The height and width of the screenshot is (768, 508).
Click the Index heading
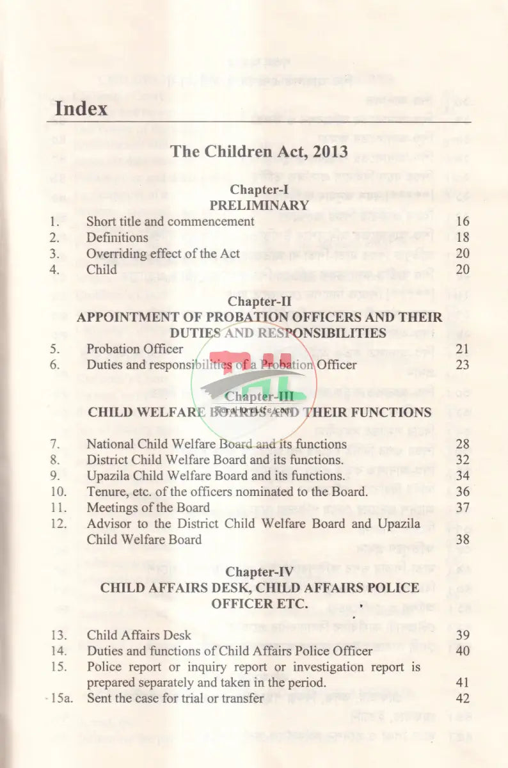tap(81, 108)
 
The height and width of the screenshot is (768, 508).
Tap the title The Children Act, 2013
tap(259, 152)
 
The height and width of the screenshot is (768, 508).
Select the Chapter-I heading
tap(259, 189)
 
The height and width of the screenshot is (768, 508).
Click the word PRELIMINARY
tap(259, 205)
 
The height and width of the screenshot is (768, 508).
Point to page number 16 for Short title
tap(463, 222)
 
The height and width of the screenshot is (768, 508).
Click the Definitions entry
tap(117, 238)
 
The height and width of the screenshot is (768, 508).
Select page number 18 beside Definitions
tap(463, 238)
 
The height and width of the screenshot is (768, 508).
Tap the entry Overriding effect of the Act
tap(163, 253)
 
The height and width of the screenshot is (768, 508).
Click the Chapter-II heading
tap(259, 301)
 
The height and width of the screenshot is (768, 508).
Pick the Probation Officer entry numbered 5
tap(134, 349)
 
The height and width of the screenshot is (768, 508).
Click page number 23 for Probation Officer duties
tap(463, 365)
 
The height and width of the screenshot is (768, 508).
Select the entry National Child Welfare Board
tap(216, 444)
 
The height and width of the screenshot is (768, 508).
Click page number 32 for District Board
tap(463, 460)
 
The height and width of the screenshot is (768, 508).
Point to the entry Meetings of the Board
tap(148, 508)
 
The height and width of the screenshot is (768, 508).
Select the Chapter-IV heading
tap(259, 572)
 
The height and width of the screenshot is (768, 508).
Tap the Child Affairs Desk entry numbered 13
tap(139, 636)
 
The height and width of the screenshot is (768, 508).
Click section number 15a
tap(61, 699)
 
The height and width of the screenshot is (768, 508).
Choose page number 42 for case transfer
tap(463, 699)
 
